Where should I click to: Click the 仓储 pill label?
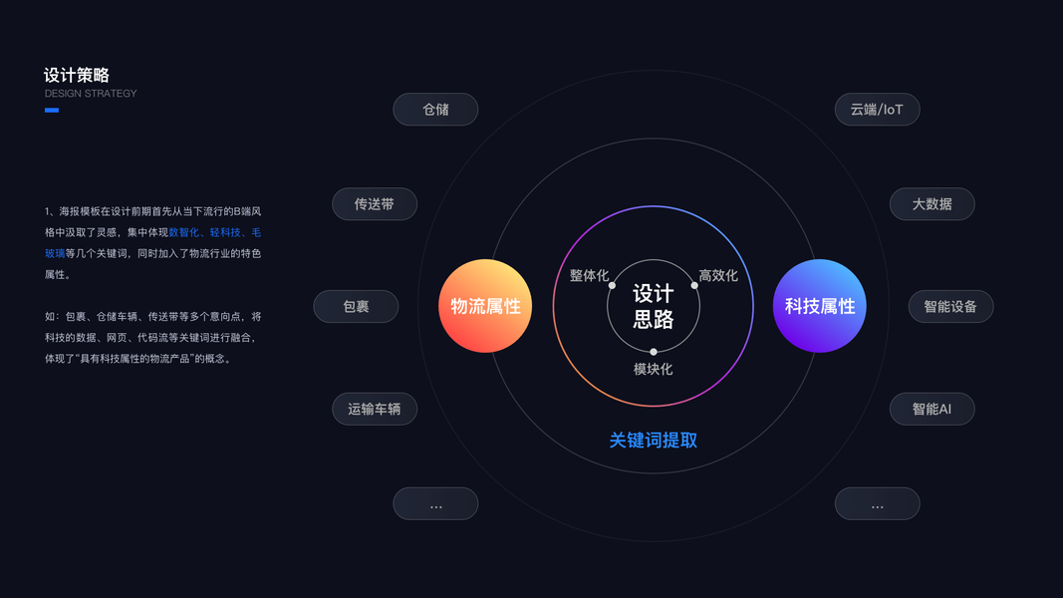435,110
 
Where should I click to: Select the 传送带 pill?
375,204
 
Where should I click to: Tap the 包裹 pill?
356,307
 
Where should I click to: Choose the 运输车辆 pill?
375,409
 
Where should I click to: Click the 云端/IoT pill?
877,110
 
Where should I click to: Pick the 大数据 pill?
931,204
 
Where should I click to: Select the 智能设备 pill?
950,307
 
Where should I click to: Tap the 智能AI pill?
931,409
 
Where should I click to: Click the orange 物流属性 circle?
485,306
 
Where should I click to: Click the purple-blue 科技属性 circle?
820,306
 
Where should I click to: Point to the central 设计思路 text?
654,306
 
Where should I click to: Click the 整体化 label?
589,275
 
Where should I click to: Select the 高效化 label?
718,275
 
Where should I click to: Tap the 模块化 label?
654,369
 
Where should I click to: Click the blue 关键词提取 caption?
654,441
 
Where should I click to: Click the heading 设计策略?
77,75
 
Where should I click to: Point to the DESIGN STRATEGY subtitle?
91,94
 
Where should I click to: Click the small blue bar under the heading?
52,110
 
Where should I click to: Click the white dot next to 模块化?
654,352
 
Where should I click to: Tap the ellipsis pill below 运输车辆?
435,503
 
